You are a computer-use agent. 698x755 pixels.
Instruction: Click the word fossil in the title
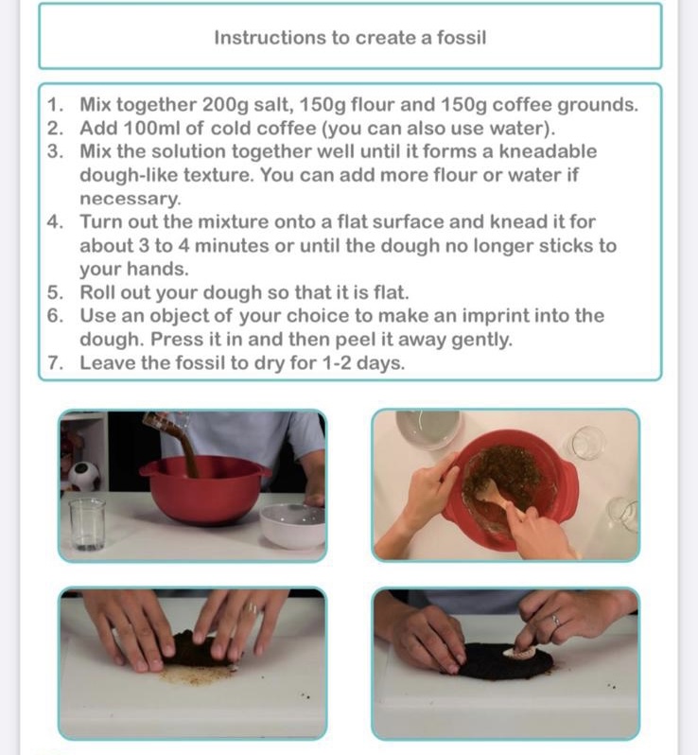coord(462,38)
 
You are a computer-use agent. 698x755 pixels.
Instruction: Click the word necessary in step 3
coord(129,199)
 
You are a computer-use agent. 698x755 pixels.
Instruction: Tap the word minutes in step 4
coord(232,246)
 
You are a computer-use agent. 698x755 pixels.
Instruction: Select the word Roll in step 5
coord(96,292)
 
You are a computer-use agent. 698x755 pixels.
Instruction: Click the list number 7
coord(55,363)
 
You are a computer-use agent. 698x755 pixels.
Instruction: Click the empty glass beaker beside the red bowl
coord(87,524)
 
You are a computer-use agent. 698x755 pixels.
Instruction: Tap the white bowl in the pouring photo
coord(292,525)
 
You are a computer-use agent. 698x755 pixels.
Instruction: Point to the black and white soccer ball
coord(83,476)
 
